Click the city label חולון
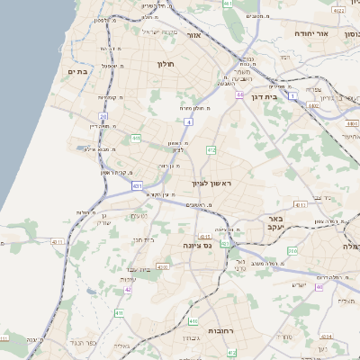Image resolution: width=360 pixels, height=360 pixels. coord(165,64)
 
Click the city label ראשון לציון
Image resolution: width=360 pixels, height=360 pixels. coord(212,184)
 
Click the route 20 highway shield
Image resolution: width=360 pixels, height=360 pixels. coord(103,116)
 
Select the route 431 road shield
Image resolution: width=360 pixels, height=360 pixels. coord(137,186)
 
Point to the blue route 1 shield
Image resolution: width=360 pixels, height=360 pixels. coord(293,94)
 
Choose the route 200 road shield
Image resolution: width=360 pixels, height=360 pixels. coord(292,251)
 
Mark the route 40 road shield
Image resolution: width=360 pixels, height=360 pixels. coord(319,286)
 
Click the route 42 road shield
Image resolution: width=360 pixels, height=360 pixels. coord(129,290)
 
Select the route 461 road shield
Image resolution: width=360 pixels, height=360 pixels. coord(228,4)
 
